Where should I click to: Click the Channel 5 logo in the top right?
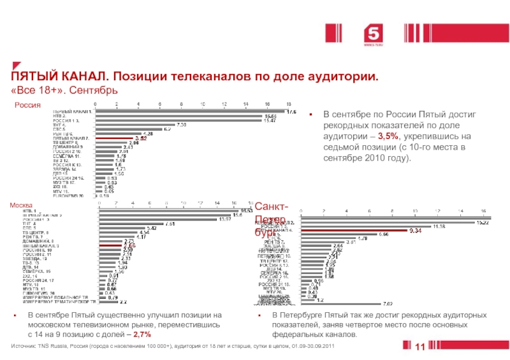click(x=371, y=32)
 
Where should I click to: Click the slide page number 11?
click(x=420, y=346)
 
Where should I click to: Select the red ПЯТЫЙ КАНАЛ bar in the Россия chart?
click(x=115, y=138)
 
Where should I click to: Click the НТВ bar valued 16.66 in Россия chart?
click(x=180, y=116)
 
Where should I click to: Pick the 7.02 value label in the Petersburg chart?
click(x=386, y=304)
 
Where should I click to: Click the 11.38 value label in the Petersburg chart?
click(x=438, y=226)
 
